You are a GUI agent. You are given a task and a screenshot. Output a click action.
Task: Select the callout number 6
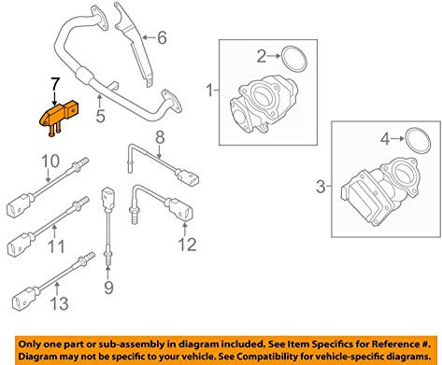click(161, 38)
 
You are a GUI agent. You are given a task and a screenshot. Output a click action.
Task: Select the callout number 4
click(382, 142)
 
